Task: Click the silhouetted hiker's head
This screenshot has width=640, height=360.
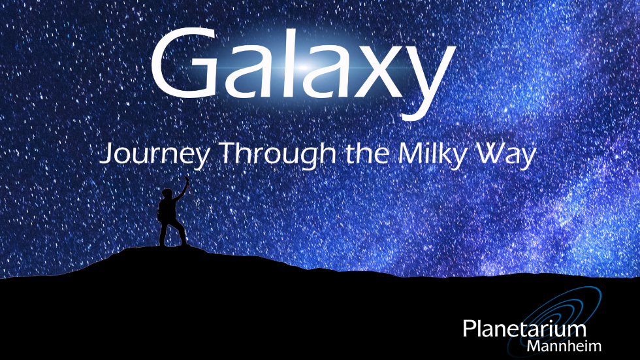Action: coord(167,194)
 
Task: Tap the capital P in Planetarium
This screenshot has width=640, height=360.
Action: coord(469,328)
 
